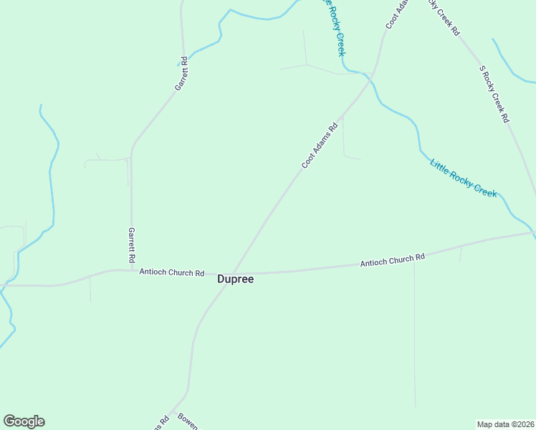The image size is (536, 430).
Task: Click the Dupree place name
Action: pyautogui.click(x=235, y=279)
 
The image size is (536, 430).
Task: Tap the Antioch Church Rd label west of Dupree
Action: pyautogui.click(x=172, y=273)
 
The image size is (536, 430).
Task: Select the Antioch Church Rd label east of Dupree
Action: pyautogui.click(x=393, y=259)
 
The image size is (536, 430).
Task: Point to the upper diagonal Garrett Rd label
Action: pyautogui.click(x=181, y=73)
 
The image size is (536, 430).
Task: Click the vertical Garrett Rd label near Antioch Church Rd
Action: pyautogui.click(x=132, y=244)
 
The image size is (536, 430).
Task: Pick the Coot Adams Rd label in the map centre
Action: pyautogui.click(x=320, y=147)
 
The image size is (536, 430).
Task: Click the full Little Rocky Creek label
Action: pyautogui.click(x=463, y=178)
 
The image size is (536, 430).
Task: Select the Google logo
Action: pyautogui.click(x=24, y=421)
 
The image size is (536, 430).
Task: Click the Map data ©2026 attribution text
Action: pyautogui.click(x=505, y=424)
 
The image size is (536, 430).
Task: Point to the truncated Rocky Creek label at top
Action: pyautogui.click(x=335, y=27)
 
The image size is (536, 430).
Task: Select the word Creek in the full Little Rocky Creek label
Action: pyautogui.click(x=482, y=188)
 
